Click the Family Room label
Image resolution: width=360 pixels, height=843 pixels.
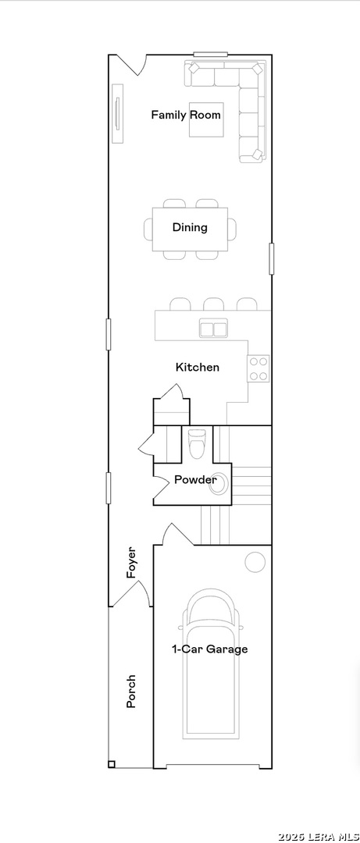(186, 115)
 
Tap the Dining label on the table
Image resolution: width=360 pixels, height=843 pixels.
(190, 227)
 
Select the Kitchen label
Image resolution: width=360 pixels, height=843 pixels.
(198, 367)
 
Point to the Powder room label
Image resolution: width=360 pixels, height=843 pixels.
(195, 479)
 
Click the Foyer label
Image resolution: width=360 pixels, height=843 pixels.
(130, 562)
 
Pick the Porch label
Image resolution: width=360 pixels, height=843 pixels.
(130, 692)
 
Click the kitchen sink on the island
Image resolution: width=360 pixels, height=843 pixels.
(214, 328)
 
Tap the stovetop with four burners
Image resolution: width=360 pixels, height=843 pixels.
(258, 368)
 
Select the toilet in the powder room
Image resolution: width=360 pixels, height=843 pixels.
(196, 443)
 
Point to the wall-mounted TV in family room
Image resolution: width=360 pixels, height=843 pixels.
(118, 113)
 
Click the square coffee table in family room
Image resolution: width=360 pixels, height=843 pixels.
(206, 119)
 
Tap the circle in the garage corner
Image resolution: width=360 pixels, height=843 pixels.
(255, 562)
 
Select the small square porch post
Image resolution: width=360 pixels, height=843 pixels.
(112, 764)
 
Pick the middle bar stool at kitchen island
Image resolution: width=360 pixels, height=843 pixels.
(214, 304)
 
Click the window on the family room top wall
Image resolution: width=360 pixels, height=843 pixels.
(210, 54)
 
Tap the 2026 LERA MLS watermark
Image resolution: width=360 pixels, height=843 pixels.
(319, 837)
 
